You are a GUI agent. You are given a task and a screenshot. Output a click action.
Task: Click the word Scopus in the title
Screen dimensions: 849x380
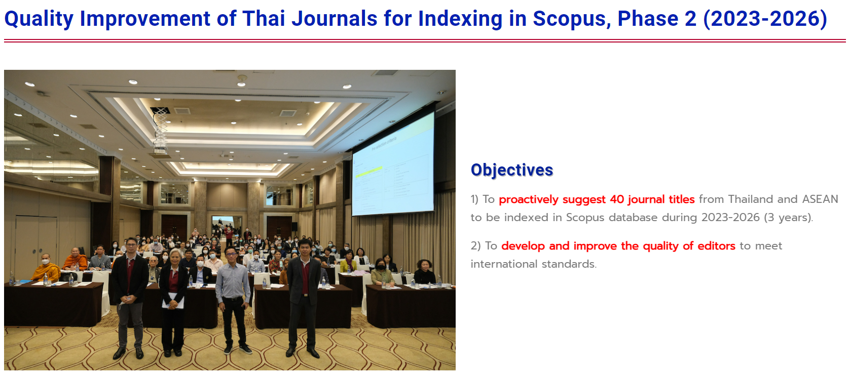[571, 19]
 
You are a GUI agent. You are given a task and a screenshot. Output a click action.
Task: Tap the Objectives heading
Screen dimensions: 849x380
[511, 170]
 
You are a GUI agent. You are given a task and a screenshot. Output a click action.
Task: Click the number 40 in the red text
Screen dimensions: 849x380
[617, 199]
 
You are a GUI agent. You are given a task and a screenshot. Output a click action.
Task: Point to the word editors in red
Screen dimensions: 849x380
[716, 246]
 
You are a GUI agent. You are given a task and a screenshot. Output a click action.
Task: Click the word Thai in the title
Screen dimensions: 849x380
[264, 19]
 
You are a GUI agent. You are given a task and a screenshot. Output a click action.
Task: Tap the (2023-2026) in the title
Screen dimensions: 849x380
[765, 19]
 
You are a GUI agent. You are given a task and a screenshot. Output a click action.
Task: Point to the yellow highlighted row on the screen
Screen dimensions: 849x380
[368, 172]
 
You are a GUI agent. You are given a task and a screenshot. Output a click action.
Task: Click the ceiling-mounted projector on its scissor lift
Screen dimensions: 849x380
[161, 131]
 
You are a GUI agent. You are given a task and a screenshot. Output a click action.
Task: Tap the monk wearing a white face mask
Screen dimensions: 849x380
[46, 268]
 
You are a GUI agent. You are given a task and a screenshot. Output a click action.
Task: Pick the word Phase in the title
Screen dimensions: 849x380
[648, 19]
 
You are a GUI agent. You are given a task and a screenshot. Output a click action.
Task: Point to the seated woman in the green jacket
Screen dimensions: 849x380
[382, 273]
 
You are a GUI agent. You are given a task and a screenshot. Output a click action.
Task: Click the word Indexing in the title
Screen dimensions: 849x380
[460, 19]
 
